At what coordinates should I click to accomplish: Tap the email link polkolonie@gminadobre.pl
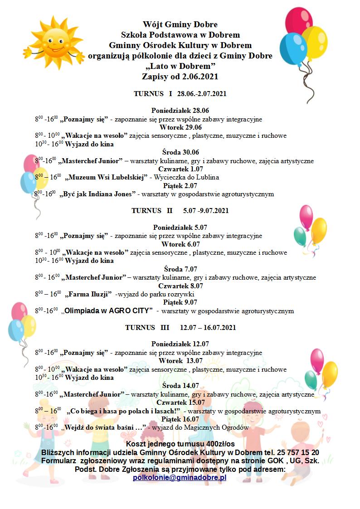click(180, 478)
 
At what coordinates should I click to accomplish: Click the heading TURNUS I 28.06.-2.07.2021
click(180, 94)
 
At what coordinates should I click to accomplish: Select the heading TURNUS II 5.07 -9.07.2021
click(180, 211)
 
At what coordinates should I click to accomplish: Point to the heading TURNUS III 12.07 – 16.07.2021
click(180, 327)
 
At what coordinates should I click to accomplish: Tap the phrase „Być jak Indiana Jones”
click(97, 194)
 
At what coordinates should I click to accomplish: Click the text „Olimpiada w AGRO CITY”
click(107, 311)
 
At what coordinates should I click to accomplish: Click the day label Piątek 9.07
click(180, 302)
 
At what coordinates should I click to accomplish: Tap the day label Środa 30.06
click(180, 152)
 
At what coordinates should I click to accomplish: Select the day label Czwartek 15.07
click(180, 402)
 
